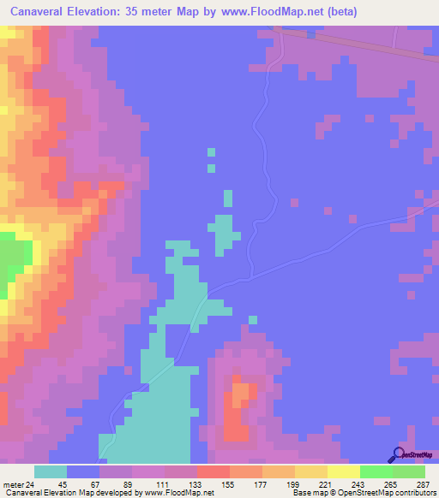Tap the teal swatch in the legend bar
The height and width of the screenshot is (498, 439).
(x=51, y=471)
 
